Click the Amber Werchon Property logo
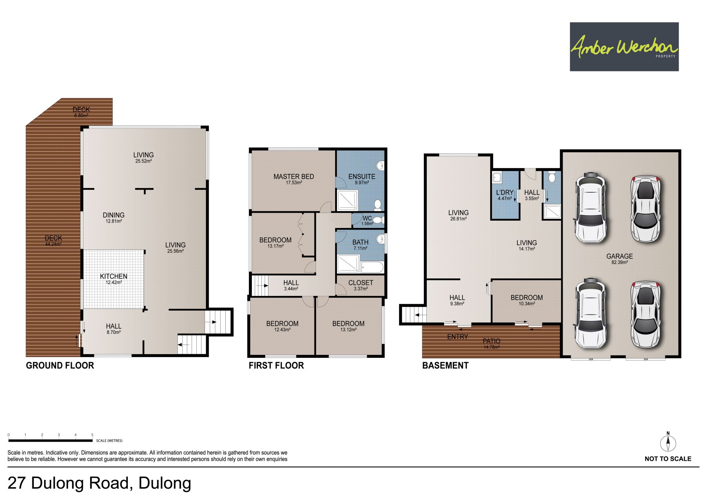tap(624, 47)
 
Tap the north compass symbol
tap(668, 442)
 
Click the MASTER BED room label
tap(293, 177)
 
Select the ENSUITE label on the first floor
tap(362, 177)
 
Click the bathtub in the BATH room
tap(372, 267)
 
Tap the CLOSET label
tap(360, 283)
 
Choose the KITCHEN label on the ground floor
tap(113, 276)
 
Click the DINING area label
tap(113, 215)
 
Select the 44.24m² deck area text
tap(53, 244)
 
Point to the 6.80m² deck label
tap(81, 115)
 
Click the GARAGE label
tap(619, 256)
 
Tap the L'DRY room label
tap(504, 192)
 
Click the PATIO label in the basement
tap(491, 341)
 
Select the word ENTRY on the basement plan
tap(457, 337)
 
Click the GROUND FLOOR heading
tap(60, 366)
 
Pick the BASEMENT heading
tap(445, 366)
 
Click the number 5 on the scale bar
tap(92, 435)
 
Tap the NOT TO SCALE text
tap(668, 459)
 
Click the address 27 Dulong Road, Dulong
tap(99, 483)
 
